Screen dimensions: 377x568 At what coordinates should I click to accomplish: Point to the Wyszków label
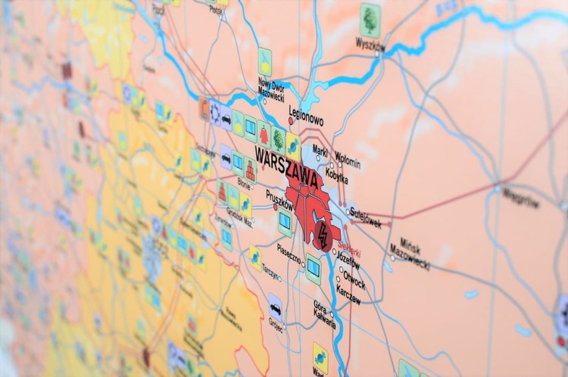(370, 45)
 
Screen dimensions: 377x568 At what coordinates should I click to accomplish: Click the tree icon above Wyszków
(370, 16)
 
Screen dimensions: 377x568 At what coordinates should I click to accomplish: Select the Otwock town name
(354, 279)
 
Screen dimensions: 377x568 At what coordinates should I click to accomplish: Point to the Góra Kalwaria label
(324, 313)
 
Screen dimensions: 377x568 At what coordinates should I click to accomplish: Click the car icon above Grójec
(276, 307)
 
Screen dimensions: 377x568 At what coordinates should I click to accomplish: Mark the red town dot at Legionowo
(291, 120)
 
